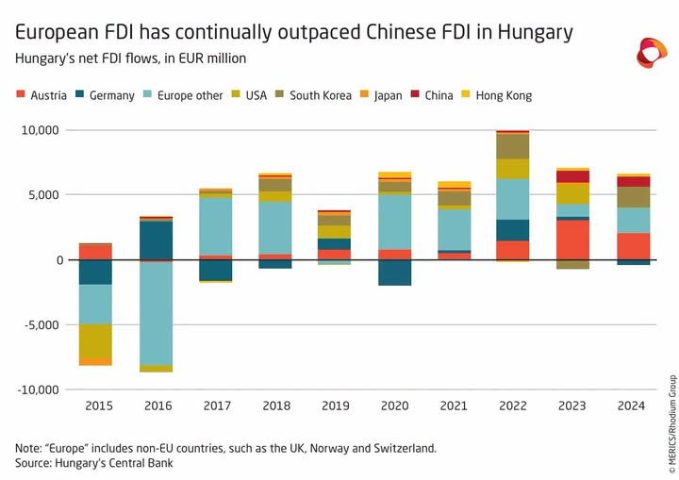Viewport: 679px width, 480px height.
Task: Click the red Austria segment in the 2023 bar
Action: pyautogui.click(x=572, y=240)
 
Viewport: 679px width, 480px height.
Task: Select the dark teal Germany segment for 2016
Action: pyautogui.click(x=156, y=240)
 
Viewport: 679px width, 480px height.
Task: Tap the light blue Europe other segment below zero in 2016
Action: pyautogui.click(x=156, y=314)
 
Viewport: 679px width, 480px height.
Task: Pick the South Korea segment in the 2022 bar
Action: pyautogui.click(x=513, y=146)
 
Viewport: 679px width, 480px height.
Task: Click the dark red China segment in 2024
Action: pyautogui.click(x=633, y=181)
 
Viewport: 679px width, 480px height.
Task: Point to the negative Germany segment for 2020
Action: pyautogui.click(x=394, y=273)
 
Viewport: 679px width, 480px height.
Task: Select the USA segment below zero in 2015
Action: pyautogui.click(x=95, y=341)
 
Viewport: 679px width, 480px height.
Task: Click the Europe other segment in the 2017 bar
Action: pyautogui.click(x=215, y=226)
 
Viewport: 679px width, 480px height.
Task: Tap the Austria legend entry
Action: pyautogui.click(x=41, y=95)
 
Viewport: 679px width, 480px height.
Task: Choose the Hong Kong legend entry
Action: pyautogui.click(x=498, y=95)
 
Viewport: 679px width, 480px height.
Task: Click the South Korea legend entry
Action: pyautogui.click(x=313, y=95)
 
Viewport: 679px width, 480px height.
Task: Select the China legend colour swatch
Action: pyautogui.click(x=415, y=93)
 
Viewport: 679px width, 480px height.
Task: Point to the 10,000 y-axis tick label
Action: pyautogui.click(x=40, y=130)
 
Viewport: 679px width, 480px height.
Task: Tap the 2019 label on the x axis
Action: pyautogui.click(x=336, y=406)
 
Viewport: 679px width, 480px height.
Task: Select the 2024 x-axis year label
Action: pyautogui.click(x=631, y=406)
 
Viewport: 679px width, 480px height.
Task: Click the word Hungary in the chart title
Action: pyautogui.click(x=536, y=32)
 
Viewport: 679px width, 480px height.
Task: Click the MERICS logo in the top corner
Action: pyautogui.click(x=652, y=53)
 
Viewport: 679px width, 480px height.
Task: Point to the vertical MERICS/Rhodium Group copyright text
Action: pyautogui.click(x=672, y=423)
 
